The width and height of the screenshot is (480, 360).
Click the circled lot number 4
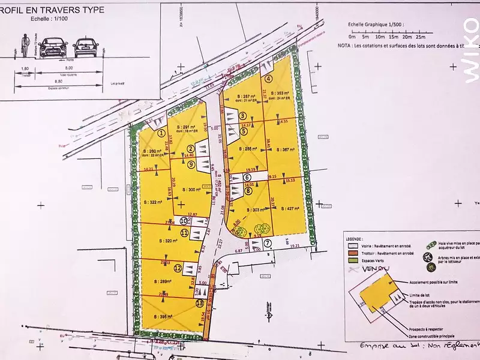pos(269,79)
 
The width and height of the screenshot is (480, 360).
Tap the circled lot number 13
pos(199,304)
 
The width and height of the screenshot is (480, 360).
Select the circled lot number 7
pos(268,243)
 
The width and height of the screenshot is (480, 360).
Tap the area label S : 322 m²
pos(154,203)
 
